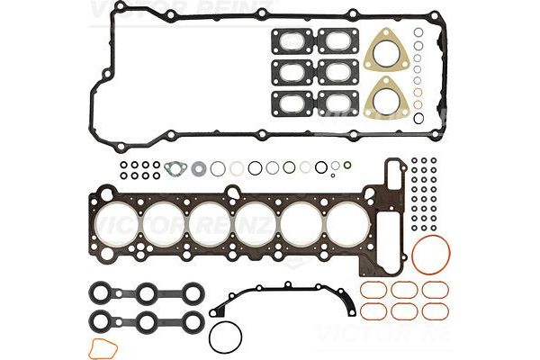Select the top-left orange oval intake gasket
373,290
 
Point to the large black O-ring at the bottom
225,338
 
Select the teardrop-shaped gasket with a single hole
177,167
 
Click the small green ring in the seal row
289,167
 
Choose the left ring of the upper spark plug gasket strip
102,292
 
